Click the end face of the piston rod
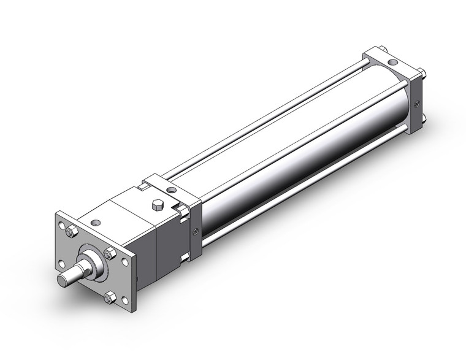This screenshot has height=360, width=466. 63,280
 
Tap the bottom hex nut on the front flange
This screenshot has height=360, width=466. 110,298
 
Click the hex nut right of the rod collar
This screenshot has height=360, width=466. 110,253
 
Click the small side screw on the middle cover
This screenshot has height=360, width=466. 196,231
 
